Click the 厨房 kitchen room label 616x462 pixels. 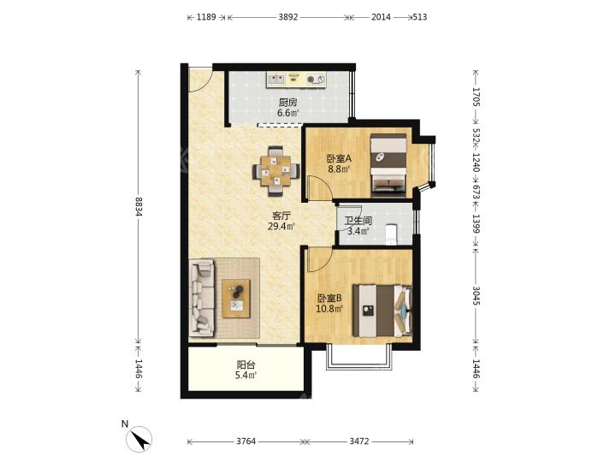pyautogui.click(x=288, y=103)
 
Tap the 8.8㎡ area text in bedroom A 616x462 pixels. pyautogui.click(x=339, y=169)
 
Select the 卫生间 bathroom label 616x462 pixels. pyautogui.click(x=358, y=221)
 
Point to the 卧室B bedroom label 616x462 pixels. pyautogui.click(x=329, y=299)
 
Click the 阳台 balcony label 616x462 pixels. pyautogui.click(x=246, y=364)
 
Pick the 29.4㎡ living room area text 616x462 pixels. pyautogui.click(x=281, y=226)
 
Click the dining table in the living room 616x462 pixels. pyautogui.click(x=276, y=171)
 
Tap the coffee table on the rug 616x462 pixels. pyautogui.click(x=236, y=299)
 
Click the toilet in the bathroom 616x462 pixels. pyautogui.click(x=391, y=234)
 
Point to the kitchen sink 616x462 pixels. pyautogui.click(x=275, y=80)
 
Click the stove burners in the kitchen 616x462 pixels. pyautogui.click(x=316, y=80)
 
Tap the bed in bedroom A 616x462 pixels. pyautogui.click(x=388, y=165)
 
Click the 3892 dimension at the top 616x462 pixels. pyautogui.click(x=288, y=17)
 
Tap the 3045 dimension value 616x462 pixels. pyautogui.click(x=477, y=296)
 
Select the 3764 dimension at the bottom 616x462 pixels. pyautogui.click(x=246, y=441)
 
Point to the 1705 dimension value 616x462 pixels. pyautogui.click(x=477, y=97)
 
